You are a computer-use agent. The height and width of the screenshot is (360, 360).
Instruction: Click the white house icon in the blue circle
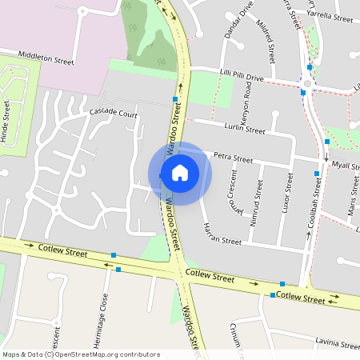(180, 173)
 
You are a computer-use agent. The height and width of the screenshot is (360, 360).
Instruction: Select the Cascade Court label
(114, 114)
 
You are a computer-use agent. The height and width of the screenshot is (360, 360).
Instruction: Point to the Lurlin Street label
(244, 129)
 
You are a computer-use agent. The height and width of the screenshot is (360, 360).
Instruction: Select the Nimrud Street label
(258, 202)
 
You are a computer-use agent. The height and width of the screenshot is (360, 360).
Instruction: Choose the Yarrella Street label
(332, 18)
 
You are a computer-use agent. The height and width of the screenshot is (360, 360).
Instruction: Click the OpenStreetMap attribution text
(80, 354)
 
